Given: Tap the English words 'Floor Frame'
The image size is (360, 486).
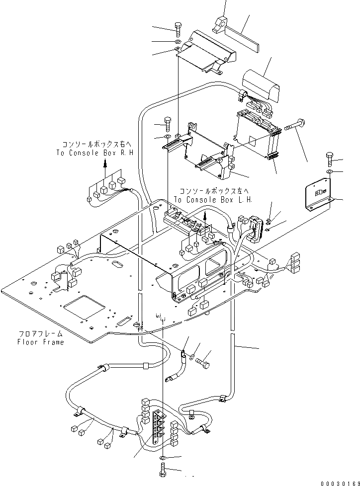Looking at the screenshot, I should pos(40,342).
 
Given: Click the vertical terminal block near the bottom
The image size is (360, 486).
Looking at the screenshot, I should pos(159,427).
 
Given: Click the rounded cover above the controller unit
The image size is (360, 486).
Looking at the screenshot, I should pos(261,85).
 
